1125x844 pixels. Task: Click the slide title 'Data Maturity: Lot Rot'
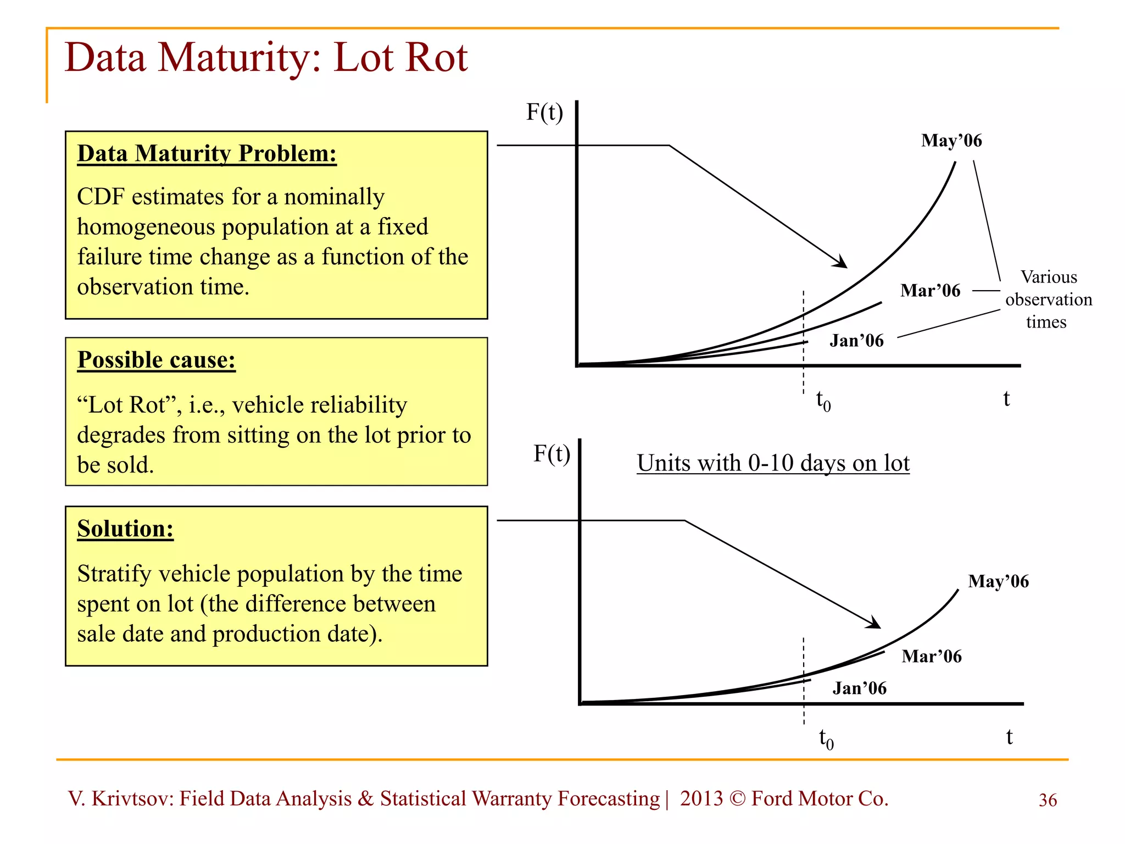point(266,58)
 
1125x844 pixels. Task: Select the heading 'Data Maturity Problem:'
point(207,153)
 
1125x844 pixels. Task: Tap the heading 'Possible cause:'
point(156,360)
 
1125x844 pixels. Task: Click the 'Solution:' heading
point(125,529)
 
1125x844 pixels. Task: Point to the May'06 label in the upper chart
point(951,141)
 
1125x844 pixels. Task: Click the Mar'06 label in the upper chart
point(930,291)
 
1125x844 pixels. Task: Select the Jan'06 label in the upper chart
point(856,341)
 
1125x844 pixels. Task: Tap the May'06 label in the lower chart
point(998,581)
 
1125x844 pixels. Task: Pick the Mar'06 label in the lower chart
point(932,656)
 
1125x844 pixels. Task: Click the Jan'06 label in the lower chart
point(860,688)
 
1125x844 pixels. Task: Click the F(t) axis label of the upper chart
point(544,112)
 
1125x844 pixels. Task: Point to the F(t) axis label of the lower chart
point(552,454)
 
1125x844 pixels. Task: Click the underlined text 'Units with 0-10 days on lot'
point(773,463)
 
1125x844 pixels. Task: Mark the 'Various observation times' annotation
point(1048,299)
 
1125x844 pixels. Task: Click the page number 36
point(1048,800)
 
